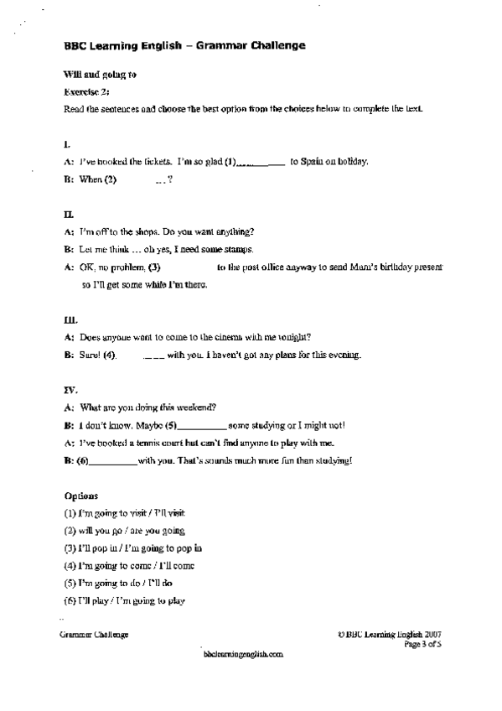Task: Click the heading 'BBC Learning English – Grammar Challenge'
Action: (x=184, y=47)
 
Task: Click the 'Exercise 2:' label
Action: (x=86, y=91)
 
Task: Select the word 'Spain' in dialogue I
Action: (x=314, y=162)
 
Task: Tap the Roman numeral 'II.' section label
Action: (x=69, y=214)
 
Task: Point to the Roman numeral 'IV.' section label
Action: (x=70, y=390)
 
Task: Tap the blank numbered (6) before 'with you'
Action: (x=111, y=460)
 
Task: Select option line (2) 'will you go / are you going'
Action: (x=124, y=531)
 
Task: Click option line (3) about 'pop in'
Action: (x=132, y=548)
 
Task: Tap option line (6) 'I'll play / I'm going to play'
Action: (x=124, y=601)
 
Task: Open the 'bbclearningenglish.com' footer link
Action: (x=243, y=654)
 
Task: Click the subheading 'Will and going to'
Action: (x=100, y=75)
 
